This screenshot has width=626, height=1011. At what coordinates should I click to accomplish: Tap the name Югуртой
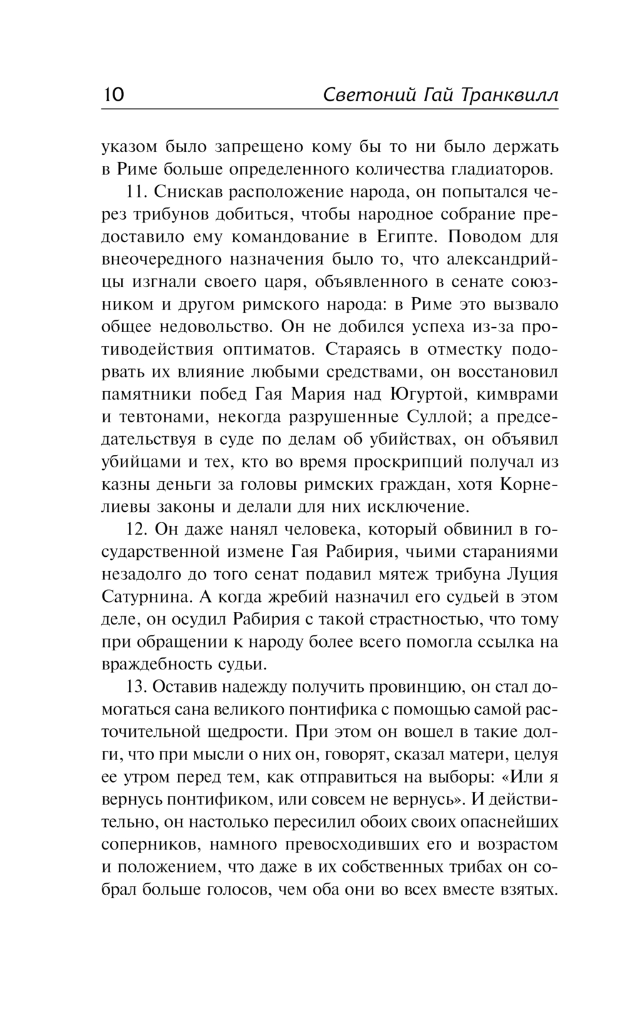(x=424, y=395)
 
